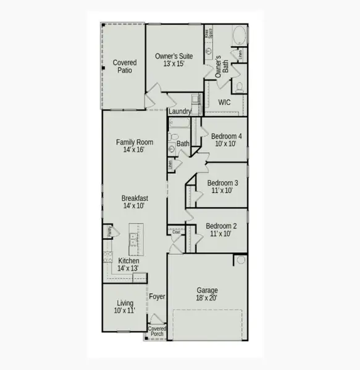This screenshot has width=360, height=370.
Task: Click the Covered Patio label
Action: point(125,66)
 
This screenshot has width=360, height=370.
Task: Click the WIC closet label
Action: point(224,102)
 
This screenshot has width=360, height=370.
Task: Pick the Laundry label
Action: point(180,112)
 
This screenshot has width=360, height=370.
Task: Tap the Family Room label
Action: point(134,146)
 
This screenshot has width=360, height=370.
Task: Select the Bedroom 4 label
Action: point(227,140)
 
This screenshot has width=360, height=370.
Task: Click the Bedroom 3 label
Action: point(222,187)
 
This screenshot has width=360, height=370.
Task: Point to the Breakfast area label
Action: point(134,202)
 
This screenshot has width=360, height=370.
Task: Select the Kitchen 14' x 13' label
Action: point(128,265)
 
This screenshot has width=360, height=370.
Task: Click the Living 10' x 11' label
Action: point(125,306)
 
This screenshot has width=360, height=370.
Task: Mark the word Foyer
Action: point(157,297)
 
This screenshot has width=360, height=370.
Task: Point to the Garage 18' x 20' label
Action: point(207,294)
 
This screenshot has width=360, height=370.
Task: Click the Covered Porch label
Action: point(157,332)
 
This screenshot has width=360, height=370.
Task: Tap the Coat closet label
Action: point(176,232)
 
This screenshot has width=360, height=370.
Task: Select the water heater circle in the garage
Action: point(241,260)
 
